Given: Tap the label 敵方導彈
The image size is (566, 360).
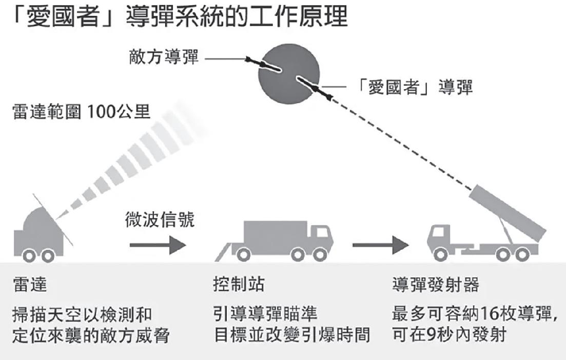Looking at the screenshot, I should coord(164,57).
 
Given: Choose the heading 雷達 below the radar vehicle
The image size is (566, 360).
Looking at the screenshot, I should coord(29,286).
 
